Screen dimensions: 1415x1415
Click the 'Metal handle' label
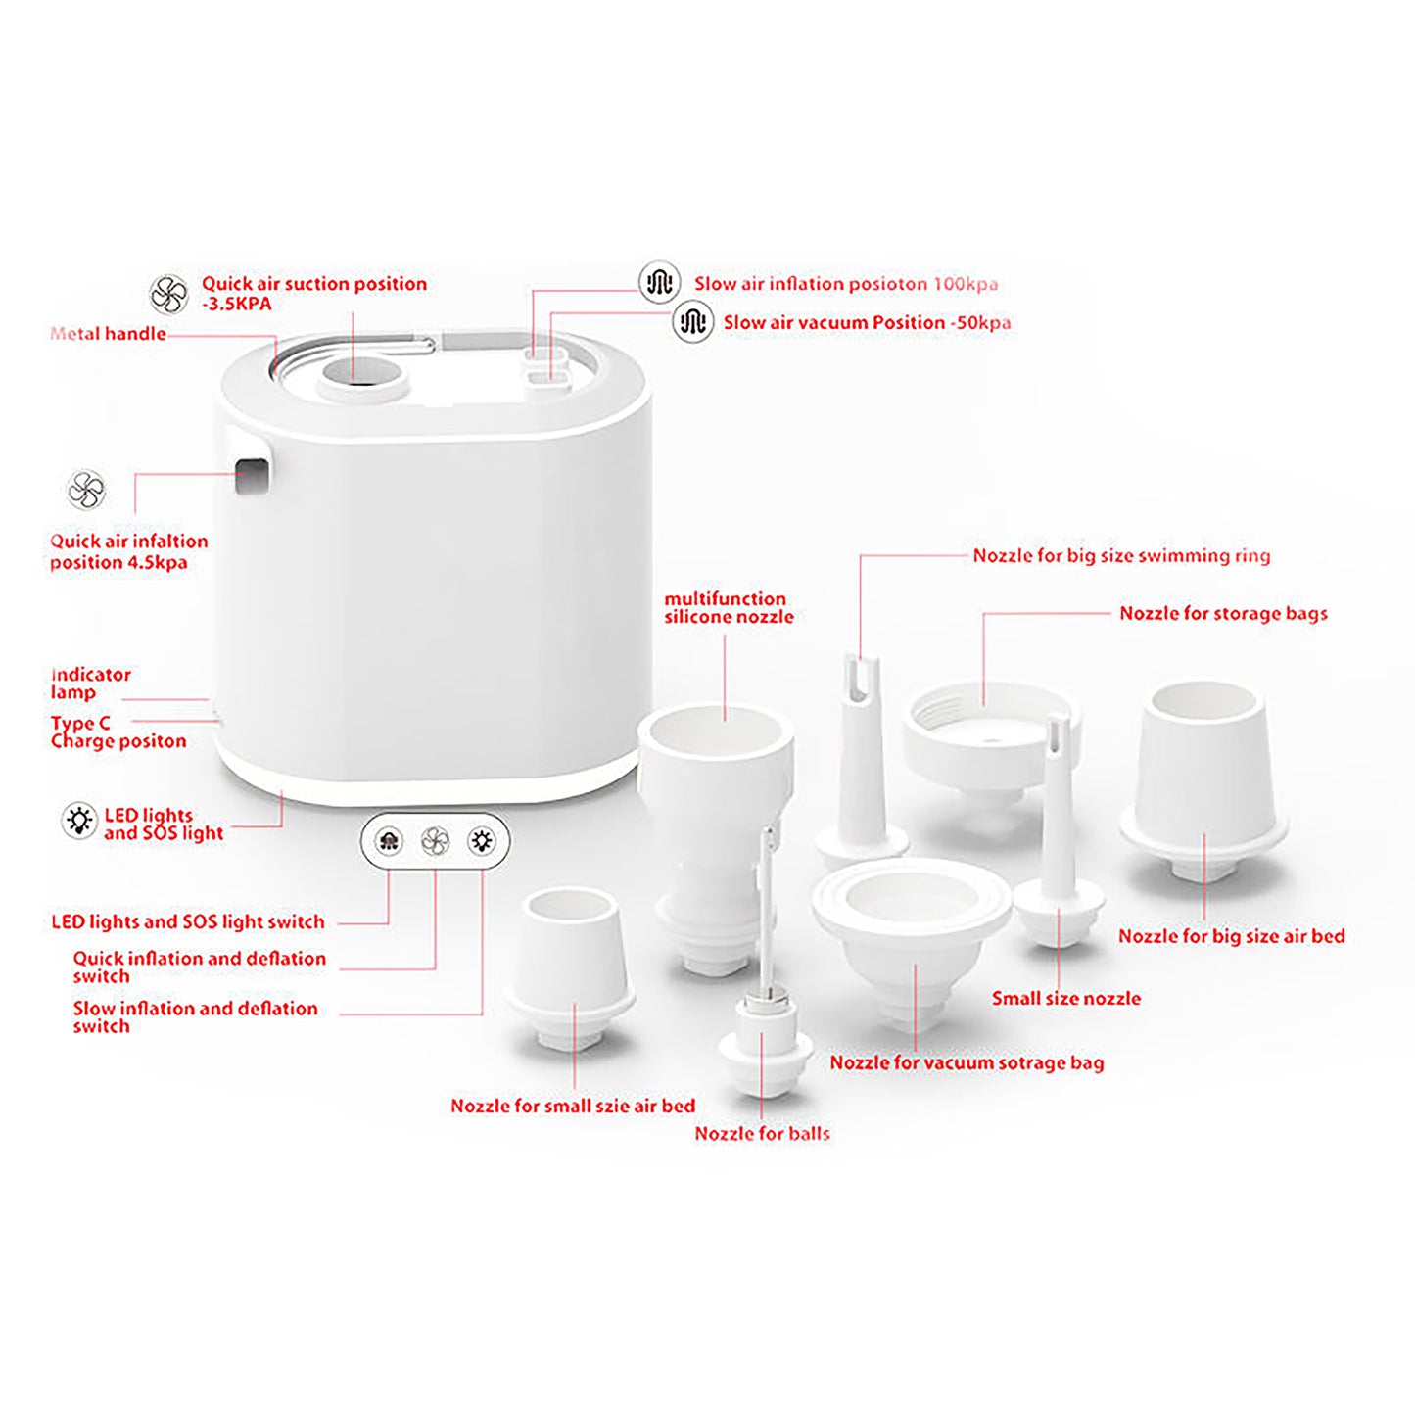pos(108,334)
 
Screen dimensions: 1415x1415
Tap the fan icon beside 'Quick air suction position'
pos(169,295)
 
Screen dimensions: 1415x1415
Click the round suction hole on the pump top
pos(361,372)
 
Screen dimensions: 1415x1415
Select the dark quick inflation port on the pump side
pos(251,476)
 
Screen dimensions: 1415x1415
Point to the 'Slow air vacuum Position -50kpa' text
pos(867,323)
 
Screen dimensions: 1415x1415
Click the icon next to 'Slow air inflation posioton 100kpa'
pos(659,282)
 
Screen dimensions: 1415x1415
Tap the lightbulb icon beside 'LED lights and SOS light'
pos(79,821)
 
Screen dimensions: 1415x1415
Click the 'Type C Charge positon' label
pos(118,732)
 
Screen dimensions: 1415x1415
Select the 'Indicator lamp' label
pos(91,684)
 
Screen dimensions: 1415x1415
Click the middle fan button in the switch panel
pos(436,841)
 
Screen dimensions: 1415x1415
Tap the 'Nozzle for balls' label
pos(762,1134)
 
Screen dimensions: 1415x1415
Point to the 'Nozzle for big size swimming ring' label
pos(1121,556)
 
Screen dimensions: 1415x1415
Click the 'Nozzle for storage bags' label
pos(1223,614)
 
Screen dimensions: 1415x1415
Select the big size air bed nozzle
pos(1203,782)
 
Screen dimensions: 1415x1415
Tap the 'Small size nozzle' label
pos(1066,999)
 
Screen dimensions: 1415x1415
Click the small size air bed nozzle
pos(571,969)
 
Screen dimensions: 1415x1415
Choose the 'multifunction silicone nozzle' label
pos(730,608)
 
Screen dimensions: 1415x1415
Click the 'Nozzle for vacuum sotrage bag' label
pos(967,1063)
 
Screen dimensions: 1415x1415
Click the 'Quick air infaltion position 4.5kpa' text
pos(129,552)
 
